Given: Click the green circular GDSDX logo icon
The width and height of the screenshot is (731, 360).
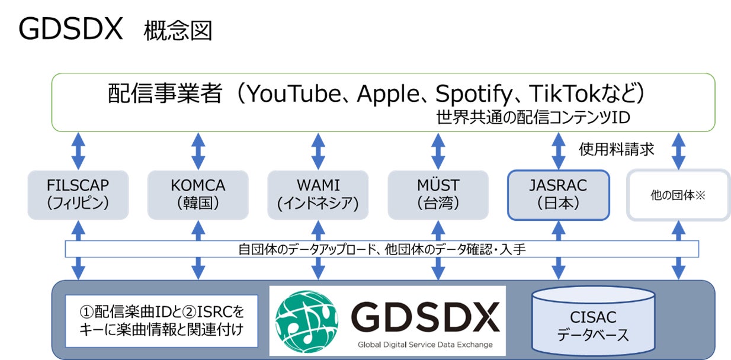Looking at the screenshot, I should pyautogui.click(x=307, y=320).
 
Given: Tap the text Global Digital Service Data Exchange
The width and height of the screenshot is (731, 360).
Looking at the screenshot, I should pyautogui.click(x=424, y=345).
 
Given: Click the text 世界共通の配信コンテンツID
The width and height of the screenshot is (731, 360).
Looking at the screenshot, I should pyautogui.click(x=533, y=118).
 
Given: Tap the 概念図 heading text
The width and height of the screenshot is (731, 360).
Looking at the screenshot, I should pyautogui.click(x=177, y=30).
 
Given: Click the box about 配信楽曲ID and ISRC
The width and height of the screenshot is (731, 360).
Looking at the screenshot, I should pyautogui.click(x=161, y=320).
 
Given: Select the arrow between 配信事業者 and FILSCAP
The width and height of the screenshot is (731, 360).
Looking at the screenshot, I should pyautogui.click(x=77, y=151).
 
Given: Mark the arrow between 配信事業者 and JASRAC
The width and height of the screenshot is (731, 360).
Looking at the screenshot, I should pyautogui.click(x=558, y=151).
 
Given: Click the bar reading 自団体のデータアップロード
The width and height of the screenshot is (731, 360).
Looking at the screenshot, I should pyautogui.click(x=381, y=249).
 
